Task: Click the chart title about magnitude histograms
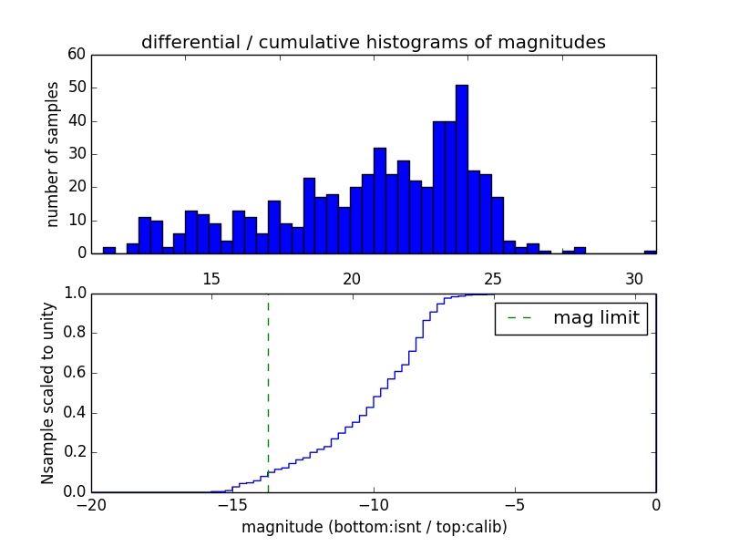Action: pos(373,42)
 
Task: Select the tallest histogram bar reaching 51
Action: pos(462,170)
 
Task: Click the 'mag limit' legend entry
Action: pos(571,318)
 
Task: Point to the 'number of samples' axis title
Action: pos(53,154)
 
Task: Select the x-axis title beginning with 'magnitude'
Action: pos(374,527)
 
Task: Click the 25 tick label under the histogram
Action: pos(493,279)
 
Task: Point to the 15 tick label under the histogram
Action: pos(210,279)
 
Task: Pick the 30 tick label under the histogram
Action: pos(634,279)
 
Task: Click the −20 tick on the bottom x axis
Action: pos(91,505)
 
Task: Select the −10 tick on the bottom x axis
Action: pos(373,505)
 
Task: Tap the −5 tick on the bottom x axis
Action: pos(514,505)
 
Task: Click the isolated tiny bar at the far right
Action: pos(650,252)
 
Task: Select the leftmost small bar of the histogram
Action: pos(109,251)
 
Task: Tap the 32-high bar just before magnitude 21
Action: pos(379,201)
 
